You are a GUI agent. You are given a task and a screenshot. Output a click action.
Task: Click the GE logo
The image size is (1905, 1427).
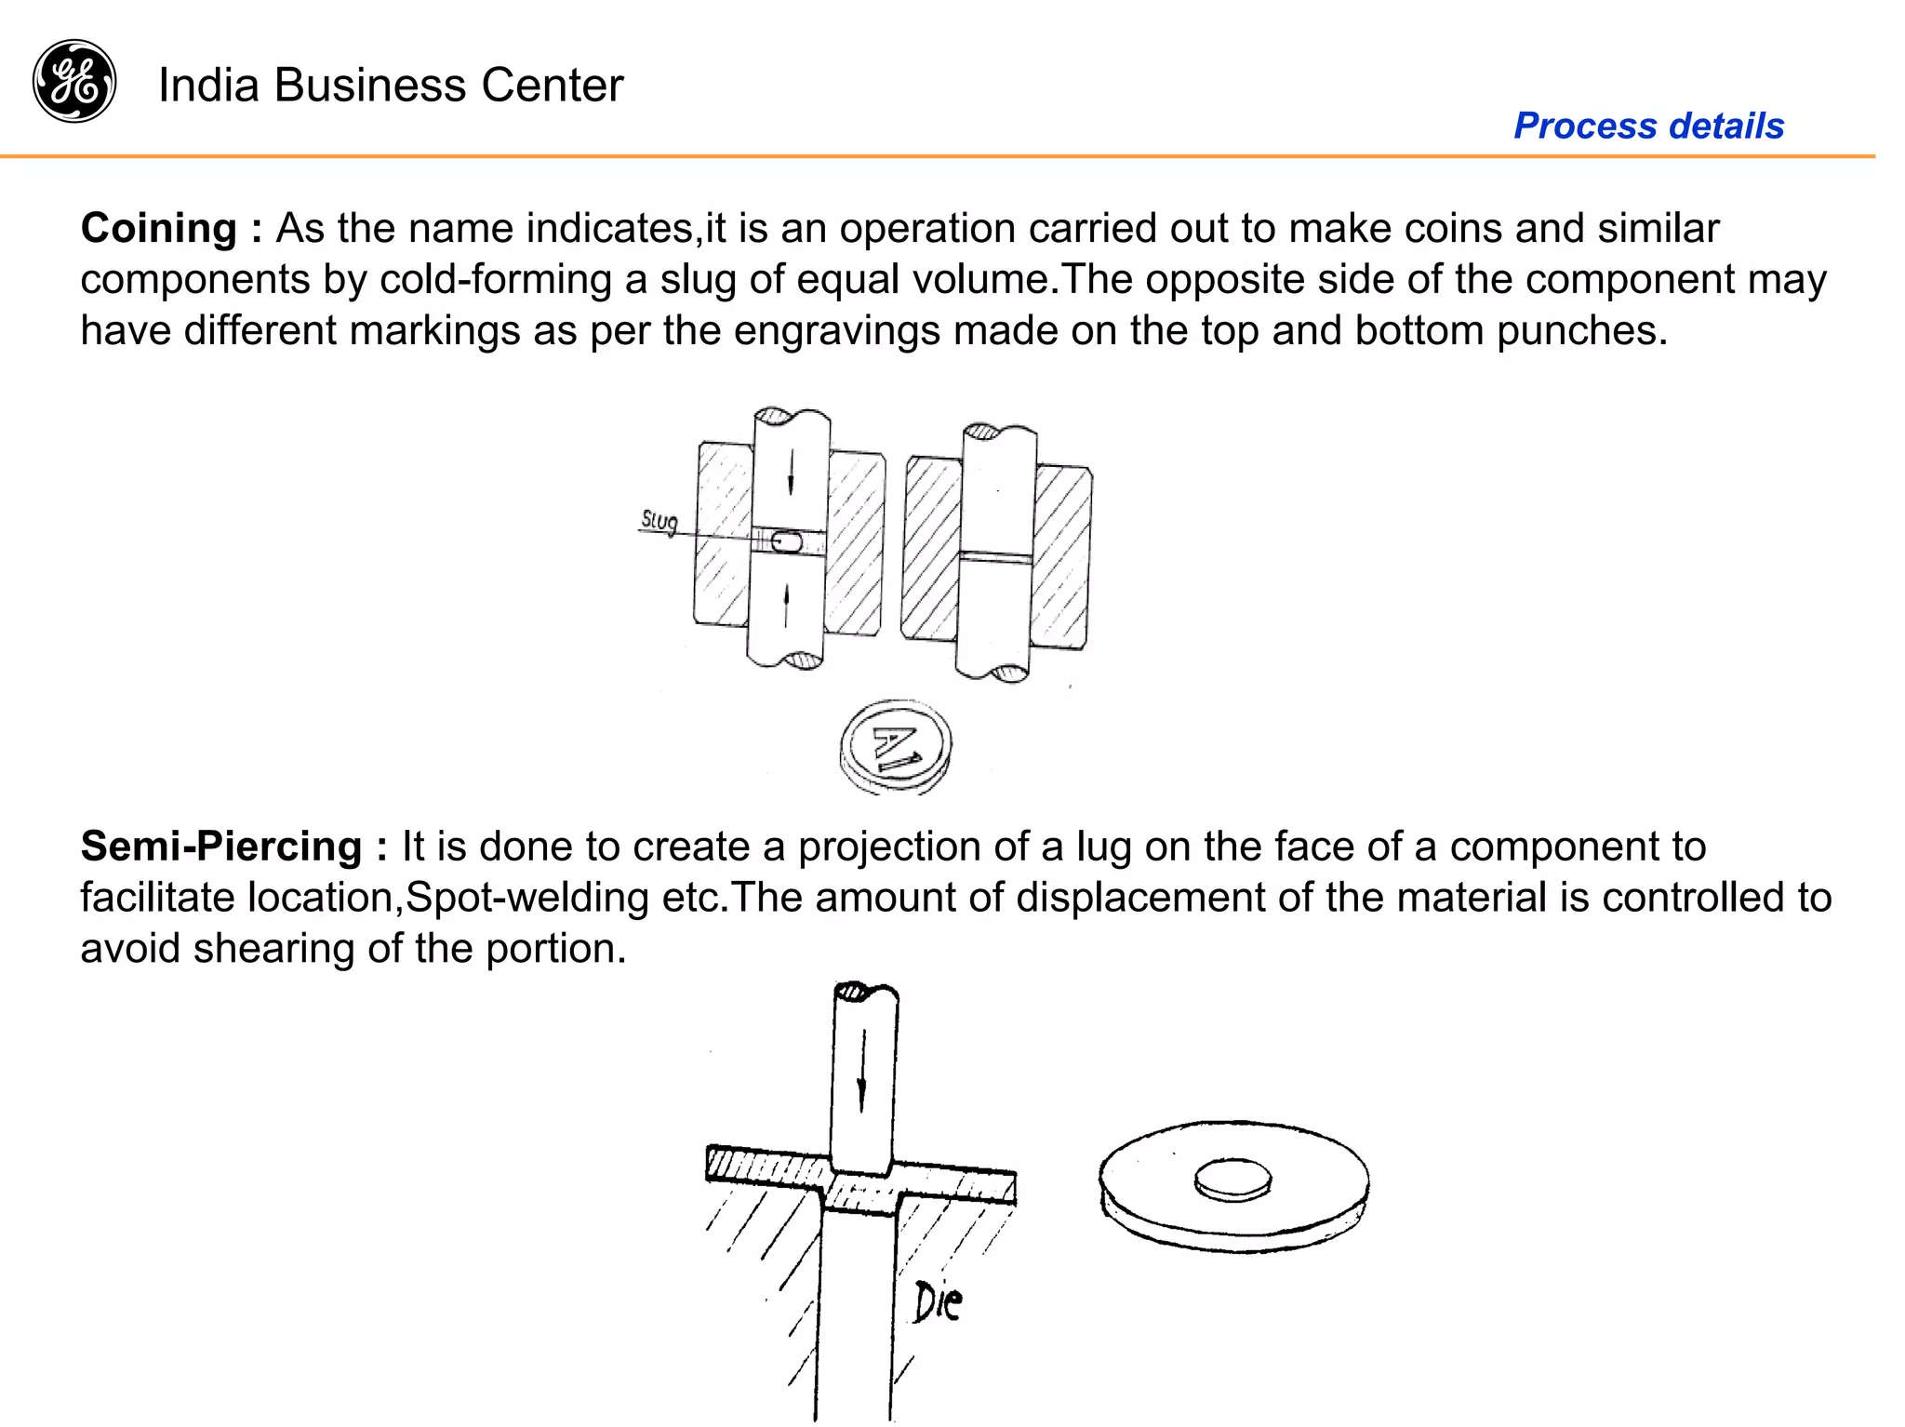[x=74, y=82]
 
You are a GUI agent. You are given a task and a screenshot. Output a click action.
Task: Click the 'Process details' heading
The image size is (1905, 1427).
[x=1648, y=126]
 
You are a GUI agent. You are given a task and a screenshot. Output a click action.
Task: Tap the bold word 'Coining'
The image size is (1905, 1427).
[x=159, y=228]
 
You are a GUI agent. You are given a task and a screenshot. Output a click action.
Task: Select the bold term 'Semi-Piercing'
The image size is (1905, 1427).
[x=221, y=847]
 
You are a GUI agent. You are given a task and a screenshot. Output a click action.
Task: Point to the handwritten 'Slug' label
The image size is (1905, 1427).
[x=659, y=521]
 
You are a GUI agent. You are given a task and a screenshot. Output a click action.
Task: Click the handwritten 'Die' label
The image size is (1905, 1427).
[x=937, y=1301]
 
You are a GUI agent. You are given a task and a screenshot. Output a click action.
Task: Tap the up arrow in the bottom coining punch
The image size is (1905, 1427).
[x=787, y=604]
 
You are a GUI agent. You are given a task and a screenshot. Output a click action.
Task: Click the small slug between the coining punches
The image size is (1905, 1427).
[x=787, y=541]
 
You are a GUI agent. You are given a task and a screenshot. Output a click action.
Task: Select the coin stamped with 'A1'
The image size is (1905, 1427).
[x=896, y=747]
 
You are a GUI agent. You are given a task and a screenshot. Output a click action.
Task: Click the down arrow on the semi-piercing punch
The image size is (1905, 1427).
[x=862, y=1070]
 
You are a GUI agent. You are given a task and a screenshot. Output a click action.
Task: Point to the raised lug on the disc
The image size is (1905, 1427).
[x=1232, y=1180]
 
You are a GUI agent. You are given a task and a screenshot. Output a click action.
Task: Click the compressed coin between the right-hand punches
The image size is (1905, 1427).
[x=996, y=558]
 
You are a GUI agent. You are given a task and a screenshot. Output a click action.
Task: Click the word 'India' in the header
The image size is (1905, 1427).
[x=208, y=86]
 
